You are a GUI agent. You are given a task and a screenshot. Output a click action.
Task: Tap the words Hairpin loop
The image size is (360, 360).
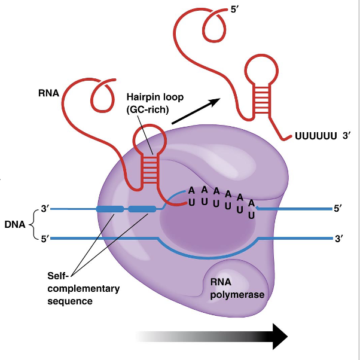coord(155,97)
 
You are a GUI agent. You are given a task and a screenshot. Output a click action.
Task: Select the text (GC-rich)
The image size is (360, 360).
coord(148,109)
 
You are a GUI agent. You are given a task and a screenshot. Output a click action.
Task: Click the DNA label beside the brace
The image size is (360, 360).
coord(14,225)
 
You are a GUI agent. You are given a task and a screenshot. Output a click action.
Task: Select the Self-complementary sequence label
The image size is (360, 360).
coord(83,288)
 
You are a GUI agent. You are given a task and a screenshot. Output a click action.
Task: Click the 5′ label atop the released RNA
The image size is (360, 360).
coord(235,10)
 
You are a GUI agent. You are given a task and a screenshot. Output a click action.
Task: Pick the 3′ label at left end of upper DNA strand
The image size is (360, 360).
coord(44,209)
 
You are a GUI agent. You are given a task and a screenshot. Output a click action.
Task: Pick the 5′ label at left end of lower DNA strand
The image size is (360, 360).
coord(44,239)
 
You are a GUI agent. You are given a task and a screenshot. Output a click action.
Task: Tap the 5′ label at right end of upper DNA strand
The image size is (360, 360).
coord(339,209)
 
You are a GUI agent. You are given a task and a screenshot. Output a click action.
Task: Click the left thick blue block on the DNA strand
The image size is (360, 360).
coord(109,209)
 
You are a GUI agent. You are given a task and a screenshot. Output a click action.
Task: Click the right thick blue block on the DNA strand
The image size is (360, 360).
coord(142,209)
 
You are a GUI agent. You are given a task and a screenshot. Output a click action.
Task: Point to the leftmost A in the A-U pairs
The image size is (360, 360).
coord(191,190)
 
